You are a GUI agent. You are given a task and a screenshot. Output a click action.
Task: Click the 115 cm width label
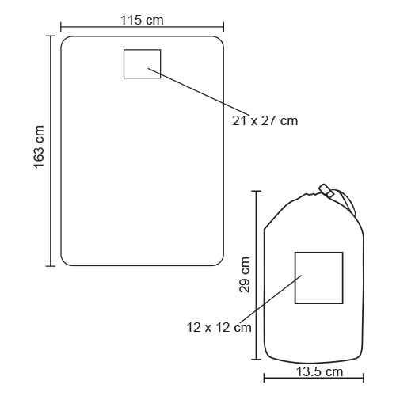pyautogui.click(x=142, y=20)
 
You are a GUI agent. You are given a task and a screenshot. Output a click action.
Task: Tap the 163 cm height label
pyautogui.click(x=39, y=147)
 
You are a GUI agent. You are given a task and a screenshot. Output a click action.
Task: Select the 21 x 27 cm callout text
pyautogui.click(x=265, y=121)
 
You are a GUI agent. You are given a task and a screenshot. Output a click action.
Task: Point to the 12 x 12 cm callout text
pyautogui.click(x=219, y=328)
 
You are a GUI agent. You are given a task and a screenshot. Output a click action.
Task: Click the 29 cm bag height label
pyautogui.click(x=245, y=275)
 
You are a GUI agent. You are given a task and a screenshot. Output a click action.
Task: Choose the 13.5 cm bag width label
pyautogui.click(x=319, y=372)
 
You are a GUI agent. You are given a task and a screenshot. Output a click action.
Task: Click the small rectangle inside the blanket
pyautogui.click(x=143, y=49)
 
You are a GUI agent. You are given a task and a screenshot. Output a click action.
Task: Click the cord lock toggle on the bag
pyautogui.click(x=326, y=190)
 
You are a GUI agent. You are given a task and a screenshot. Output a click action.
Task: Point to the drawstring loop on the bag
pyautogui.click(x=348, y=200)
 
